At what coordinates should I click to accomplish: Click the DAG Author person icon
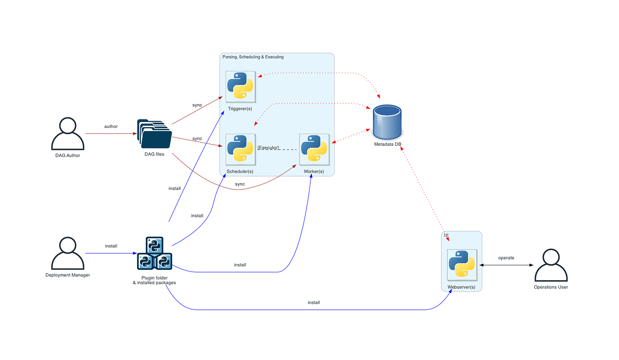pyautogui.click(x=68, y=134)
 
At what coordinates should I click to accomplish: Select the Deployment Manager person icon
pyautogui.click(x=68, y=253)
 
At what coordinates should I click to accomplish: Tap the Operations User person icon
pyautogui.click(x=551, y=265)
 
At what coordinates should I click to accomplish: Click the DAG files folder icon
pyautogui.click(x=154, y=134)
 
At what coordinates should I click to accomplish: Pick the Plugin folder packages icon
pyautogui.click(x=154, y=253)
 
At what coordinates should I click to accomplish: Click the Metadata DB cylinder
pyautogui.click(x=387, y=122)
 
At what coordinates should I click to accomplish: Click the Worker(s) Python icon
pyautogui.click(x=314, y=149)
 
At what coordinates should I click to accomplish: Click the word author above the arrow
pyautogui.click(x=111, y=127)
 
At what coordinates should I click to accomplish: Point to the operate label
pyautogui.click(x=506, y=258)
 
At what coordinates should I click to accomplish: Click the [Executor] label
pyautogui.click(x=268, y=148)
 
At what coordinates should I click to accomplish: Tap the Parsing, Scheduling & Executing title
pyautogui.click(x=253, y=57)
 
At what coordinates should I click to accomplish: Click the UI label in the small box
pyautogui.click(x=446, y=235)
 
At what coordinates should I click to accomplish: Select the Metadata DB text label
pyautogui.click(x=388, y=144)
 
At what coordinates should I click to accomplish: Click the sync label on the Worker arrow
pyautogui.click(x=240, y=184)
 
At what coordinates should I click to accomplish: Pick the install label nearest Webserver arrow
pyautogui.click(x=314, y=303)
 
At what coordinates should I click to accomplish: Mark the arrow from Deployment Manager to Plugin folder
pyautogui.click(x=111, y=253)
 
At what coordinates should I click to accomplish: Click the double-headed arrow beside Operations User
pyautogui.click(x=506, y=265)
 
